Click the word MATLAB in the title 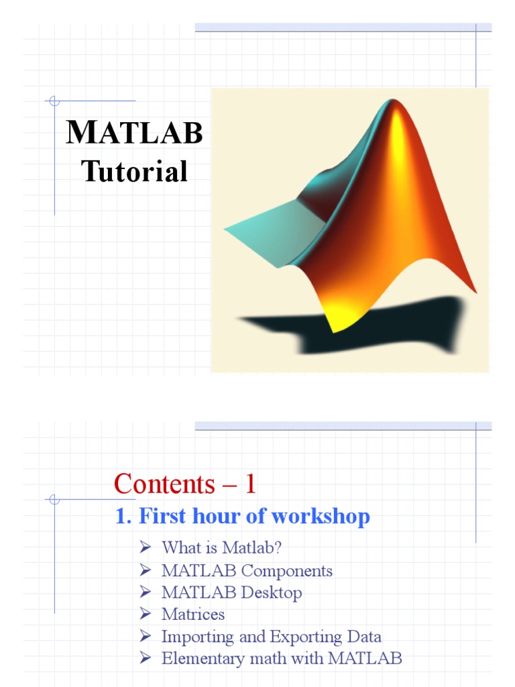click(x=134, y=132)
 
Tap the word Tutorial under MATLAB click(x=134, y=172)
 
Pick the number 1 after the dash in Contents click(x=250, y=484)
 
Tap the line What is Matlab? click(x=221, y=547)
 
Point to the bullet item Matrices click(x=193, y=615)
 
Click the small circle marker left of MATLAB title click(x=54, y=101)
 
